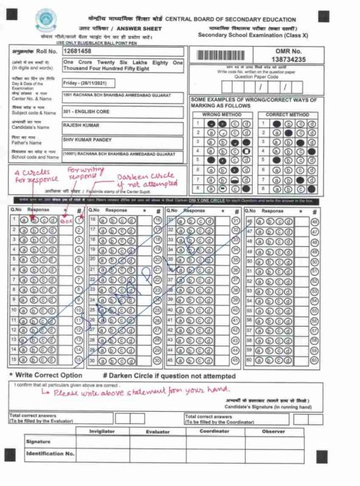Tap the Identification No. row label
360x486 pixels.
pos(50,454)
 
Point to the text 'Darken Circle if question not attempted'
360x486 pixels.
pos(169,375)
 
